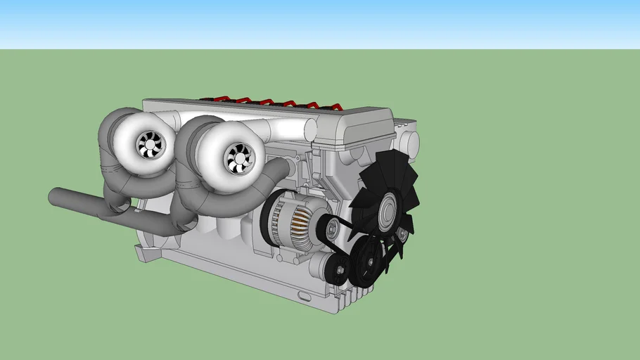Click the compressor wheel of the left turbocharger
point(150,145)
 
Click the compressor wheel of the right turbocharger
point(238,158)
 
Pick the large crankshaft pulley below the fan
point(366,262)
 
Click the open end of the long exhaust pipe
point(53,196)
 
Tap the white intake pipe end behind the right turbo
point(309,129)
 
